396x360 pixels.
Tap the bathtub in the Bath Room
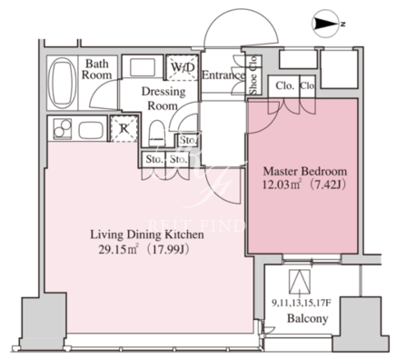[x=63, y=83]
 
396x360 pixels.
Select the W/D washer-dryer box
[x=183, y=67]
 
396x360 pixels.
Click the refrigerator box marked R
[x=124, y=129]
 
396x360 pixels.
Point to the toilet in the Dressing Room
[x=157, y=134]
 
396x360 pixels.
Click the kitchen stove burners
[x=63, y=129]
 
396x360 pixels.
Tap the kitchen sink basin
[x=91, y=130]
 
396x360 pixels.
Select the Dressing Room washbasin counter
[x=144, y=67]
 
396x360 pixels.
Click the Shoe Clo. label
[x=253, y=75]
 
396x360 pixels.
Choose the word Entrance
[x=223, y=75]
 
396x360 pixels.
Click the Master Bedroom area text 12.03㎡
[x=281, y=185]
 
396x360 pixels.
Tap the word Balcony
[x=307, y=318]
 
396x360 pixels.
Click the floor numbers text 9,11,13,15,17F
[x=300, y=303]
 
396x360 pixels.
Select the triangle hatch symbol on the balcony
[x=300, y=282]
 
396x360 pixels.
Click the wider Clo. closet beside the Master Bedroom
[x=284, y=85]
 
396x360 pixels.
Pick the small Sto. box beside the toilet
[x=188, y=140]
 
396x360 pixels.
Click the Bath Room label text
[x=96, y=69]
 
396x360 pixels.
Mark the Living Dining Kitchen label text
[x=147, y=235]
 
